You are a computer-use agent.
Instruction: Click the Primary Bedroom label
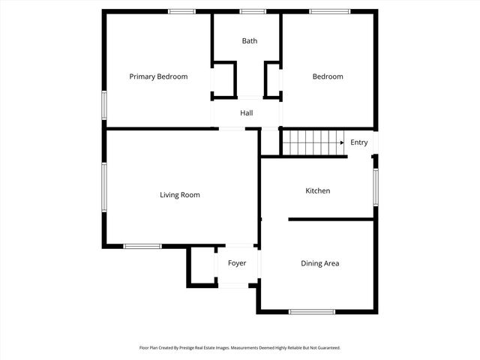coord(158,76)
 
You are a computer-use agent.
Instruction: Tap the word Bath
coord(250,41)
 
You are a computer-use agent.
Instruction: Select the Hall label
coord(247,113)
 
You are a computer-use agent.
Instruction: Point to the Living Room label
coord(180,195)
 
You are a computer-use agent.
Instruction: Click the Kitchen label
coord(317,191)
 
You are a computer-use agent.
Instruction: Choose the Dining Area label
coord(320,263)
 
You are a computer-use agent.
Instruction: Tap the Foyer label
coord(237,263)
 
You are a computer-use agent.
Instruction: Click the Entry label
coord(359,142)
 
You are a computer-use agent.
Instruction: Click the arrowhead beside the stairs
coord(342,142)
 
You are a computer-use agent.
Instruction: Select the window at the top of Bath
coord(253,11)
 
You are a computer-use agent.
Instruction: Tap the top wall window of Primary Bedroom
coord(181,11)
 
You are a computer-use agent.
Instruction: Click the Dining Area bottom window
coord(312,311)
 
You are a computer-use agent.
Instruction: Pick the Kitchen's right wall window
coord(375,185)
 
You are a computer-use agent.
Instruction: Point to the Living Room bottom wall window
coord(142,246)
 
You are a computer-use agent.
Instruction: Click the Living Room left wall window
coord(104,187)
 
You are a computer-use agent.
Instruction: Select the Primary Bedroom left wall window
coord(104,104)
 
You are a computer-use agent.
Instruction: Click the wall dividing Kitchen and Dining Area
coord(331,219)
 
